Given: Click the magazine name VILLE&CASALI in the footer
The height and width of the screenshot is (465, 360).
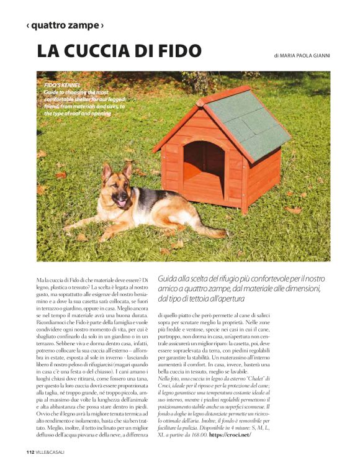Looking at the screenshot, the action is (x=50, y=451).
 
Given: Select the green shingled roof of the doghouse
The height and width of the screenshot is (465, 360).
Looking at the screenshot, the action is (x=248, y=121).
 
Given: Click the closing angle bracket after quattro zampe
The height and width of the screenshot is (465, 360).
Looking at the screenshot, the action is (x=102, y=25).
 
